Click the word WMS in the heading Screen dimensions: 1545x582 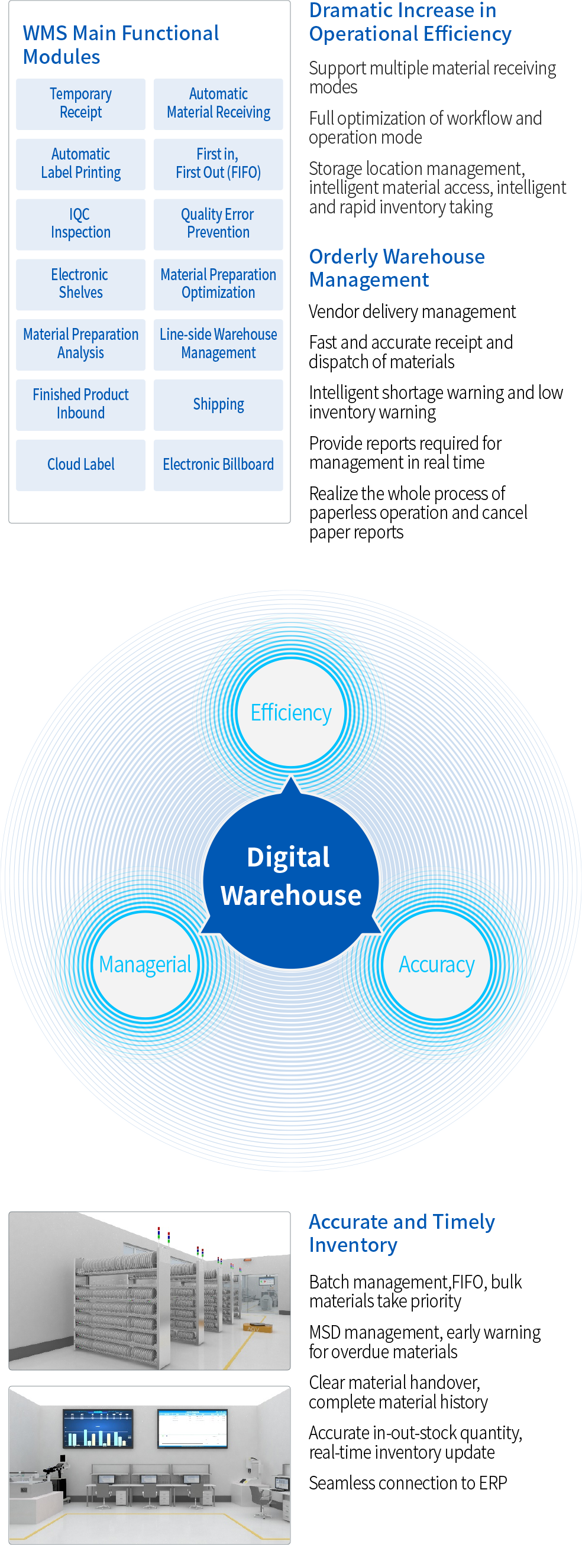coord(45,34)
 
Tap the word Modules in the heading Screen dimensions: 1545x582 coord(62,57)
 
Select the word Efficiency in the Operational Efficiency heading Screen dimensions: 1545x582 coord(467,34)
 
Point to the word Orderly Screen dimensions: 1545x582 coord(342,257)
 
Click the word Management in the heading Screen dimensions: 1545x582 coord(369,280)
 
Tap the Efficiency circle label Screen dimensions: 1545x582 coord(291,713)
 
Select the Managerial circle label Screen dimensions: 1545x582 coord(145,965)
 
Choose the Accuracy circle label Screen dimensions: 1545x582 coord(437,965)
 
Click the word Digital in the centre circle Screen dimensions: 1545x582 coord(289,857)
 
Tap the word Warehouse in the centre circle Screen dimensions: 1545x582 coord(291,895)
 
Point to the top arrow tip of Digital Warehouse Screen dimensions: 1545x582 coord(291,779)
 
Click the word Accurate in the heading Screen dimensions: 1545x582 coord(348,1222)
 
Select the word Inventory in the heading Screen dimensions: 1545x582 coord(353,1245)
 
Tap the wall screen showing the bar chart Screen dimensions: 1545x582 coord(98,1428)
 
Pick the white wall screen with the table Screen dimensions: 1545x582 coord(193,1428)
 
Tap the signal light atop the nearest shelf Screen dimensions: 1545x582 coord(159,1234)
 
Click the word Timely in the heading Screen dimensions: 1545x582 coord(464,1222)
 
